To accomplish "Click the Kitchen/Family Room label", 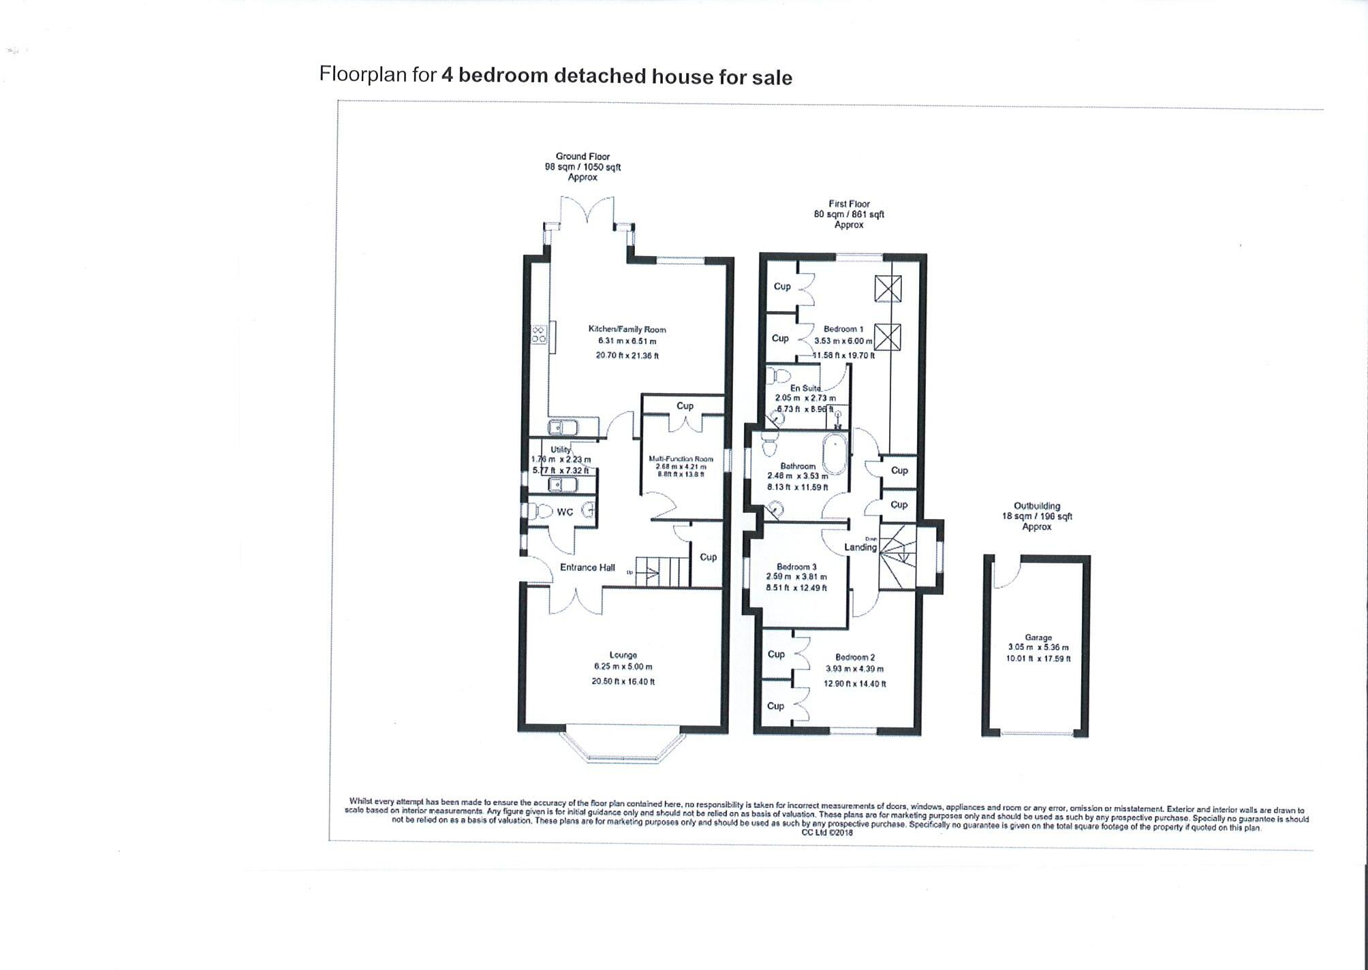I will pyautogui.click(x=627, y=330).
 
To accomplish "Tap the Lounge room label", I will pyautogui.click(x=623, y=655).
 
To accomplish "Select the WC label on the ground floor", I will pyautogui.click(x=565, y=512).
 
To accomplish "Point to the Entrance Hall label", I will pyautogui.click(x=587, y=567).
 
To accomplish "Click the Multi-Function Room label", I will pyautogui.click(x=681, y=459).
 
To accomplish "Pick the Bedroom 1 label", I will pyautogui.click(x=843, y=329).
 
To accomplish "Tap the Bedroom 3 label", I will pyautogui.click(x=796, y=567).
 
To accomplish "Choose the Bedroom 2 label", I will pyautogui.click(x=855, y=657).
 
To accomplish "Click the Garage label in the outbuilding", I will pyautogui.click(x=1038, y=638).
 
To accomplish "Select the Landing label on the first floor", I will pyautogui.click(x=860, y=547).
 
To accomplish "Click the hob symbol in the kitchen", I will pyautogui.click(x=539, y=334).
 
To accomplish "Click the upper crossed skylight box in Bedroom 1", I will pyautogui.click(x=887, y=289).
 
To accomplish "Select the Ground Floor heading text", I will pyautogui.click(x=582, y=157).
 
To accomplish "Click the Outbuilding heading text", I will pyautogui.click(x=1037, y=506).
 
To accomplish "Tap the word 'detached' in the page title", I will pyautogui.click(x=600, y=76).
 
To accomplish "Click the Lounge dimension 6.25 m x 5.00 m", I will pyautogui.click(x=623, y=667).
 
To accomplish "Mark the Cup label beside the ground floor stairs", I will pyautogui.click(x=708, y=557).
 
